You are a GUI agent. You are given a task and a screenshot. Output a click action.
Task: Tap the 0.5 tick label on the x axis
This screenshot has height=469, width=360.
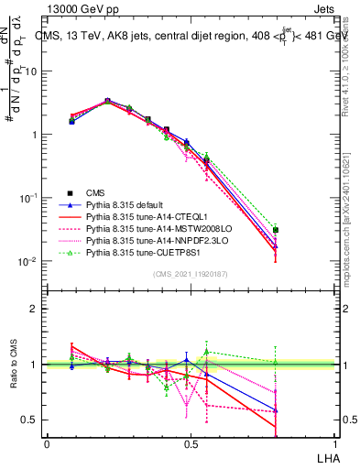click(x=190, y=442)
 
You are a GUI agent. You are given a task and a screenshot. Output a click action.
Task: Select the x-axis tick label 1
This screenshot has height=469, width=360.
click(x=333, y=442)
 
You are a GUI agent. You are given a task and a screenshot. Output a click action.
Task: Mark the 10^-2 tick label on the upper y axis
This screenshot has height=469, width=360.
click(x=27, y=261)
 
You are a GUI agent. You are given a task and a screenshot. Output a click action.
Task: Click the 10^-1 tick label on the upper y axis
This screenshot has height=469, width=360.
click(x=27, y=198)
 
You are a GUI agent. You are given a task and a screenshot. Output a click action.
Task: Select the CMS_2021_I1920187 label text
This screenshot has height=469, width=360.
click(x=189, y=274)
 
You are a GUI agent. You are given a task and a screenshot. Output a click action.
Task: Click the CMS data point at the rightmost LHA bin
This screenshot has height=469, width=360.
click(x=276, y=230)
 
